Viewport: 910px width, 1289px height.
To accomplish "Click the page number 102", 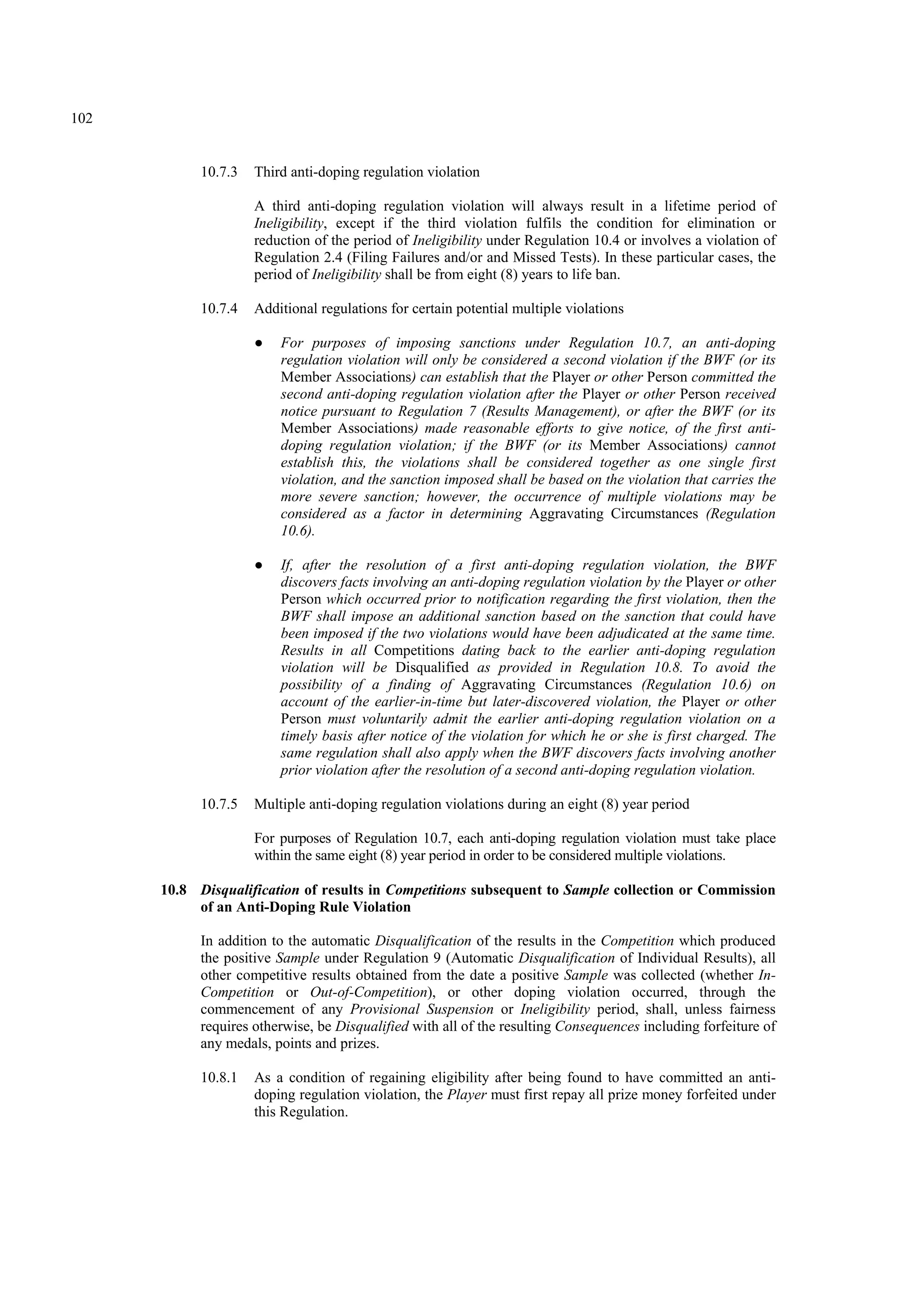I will [x=82, y=119].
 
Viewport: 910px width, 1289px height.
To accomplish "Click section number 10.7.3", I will [x=219, y=172].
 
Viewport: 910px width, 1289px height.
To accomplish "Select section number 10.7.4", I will [x=219, y=309].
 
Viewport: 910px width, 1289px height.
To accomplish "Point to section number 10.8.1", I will [x=219, y=1077].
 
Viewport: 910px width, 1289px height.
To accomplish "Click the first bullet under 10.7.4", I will [x=259, y=343].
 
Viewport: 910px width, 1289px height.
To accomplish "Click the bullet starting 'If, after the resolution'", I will [x=259, y=565].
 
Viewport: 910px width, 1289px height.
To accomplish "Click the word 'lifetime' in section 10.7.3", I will [x=689, y=206].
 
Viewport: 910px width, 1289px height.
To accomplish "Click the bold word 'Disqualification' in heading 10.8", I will [x=250, y=890].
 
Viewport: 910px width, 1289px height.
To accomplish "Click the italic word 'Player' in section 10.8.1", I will [x=467, y=1095].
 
